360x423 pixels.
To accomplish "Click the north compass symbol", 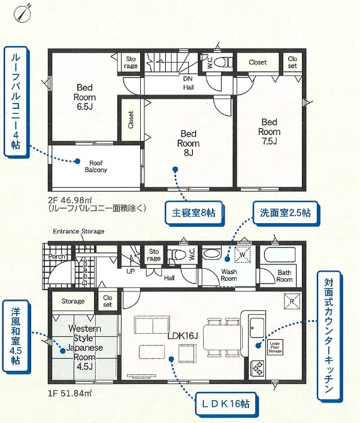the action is point(22,13).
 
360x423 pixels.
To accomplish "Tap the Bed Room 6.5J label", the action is point(84,97).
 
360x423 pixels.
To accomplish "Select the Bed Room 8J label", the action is point(188,143).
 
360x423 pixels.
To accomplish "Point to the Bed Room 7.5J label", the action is point(270,132).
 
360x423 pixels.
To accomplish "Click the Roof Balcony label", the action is point(96,166).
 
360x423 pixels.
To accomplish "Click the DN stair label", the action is point(187,78).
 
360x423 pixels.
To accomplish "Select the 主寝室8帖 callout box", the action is point(193,213).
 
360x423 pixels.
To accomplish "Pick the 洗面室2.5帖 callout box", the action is point(285,213).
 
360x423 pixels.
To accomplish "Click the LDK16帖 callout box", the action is point(225,404).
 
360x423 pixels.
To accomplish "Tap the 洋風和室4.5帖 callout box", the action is point(16,336).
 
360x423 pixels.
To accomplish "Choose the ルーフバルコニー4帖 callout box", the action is point(16,102).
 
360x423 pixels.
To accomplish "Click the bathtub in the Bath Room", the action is point(280,255).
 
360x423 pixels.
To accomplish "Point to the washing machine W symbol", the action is point(243,254).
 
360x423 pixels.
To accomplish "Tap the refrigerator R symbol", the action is point(292,301).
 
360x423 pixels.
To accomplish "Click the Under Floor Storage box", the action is point(275,347).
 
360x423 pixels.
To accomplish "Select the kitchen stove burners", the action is point(258,368).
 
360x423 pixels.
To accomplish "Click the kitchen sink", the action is point(256,327).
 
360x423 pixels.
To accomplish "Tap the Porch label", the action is point(56,256).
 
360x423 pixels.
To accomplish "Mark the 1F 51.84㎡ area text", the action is point(69,393).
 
